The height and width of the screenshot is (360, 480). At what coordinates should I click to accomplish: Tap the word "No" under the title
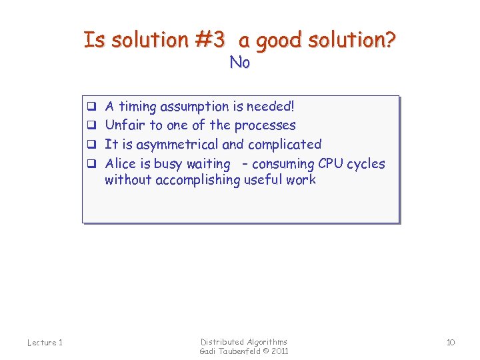[x=239, y=63]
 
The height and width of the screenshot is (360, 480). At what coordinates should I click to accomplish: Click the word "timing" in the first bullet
[x=137, y=106]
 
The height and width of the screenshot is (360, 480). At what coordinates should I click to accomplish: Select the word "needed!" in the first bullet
[x=271, y=106]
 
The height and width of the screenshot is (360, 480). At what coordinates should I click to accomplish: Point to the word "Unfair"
[x=125, y=125]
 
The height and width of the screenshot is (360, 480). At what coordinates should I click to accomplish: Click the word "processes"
[x=265, y=125]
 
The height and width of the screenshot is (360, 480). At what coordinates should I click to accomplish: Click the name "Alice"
[x=121, y=163]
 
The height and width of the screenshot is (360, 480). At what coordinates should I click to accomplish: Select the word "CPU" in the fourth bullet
[x=331, y=163]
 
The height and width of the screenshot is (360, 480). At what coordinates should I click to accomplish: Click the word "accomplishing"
[x=197, y=179]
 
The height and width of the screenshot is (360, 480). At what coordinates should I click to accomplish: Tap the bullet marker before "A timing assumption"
[x=92, y=106]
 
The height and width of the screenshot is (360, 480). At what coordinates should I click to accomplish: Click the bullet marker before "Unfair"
[x=92, y=125]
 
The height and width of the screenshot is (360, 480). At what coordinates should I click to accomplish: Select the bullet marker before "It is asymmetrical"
[x=92, y=144]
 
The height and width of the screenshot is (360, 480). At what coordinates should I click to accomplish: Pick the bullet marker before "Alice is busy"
[x=92, y=163]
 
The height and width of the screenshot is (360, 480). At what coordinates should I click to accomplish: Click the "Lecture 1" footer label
[x=45, y=343]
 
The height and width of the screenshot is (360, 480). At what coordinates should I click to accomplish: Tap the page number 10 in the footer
[x=451, y=343]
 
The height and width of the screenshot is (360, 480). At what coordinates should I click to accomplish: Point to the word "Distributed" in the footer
[x=223, y=341]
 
